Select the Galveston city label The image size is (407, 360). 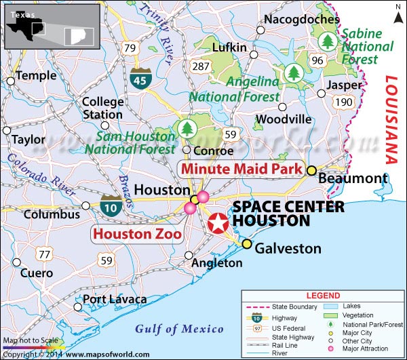point(288,249)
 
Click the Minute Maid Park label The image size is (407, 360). point(240,169)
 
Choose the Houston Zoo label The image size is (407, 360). point(136,235)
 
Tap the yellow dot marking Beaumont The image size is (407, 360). point(311,171)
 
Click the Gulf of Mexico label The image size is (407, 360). point(179,329)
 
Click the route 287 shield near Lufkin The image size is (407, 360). point(201,66)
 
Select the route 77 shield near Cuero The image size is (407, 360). point(44,254)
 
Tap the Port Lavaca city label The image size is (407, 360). point(115,299)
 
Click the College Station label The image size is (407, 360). point(102,108)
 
